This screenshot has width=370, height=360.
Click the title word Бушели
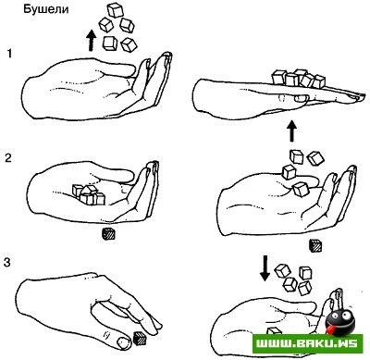pyautogui.click(x=46, y=9)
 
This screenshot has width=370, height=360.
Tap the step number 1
pyautogui.click(x=9, y=54)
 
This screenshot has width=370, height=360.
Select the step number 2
pyautogui.click(x=8, y=158)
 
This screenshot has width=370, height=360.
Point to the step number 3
pyautogui.click(x=7, y=263)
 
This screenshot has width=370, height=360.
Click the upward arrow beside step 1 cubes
pyautogui.click(x=91, y=40)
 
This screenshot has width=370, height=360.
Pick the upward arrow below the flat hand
pyautogui.click(x=292, y=131)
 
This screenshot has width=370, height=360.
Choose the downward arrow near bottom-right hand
pyautogui.click(x=265, y=268)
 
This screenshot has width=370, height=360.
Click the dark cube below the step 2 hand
pyautogui.click(x=108, y=233)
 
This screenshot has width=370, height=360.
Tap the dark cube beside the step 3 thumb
pyautogui.click(x=141, y=338)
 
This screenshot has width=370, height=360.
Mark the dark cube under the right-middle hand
pyautogui.click(x=315, y=246)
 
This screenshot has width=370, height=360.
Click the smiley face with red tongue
pyautogui.click(x=339, y=321)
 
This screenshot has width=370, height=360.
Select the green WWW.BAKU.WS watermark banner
pyautogui.click(x=307, y=344)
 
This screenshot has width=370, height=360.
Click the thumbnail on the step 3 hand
pyautogui.click(x=124, y=342)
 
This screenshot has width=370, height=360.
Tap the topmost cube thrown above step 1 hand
pyautogui.click(x=116, y=10)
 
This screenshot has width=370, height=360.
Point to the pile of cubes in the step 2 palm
pyautogui.click(x=89, y=194)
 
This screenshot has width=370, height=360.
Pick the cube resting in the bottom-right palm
pyautogui.click(x=274, y=331)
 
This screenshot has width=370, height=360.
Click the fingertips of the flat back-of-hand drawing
pyautogui.click(x=358, y=96)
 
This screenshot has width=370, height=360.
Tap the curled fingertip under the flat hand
pyautogui.click(x=300, y=98)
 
